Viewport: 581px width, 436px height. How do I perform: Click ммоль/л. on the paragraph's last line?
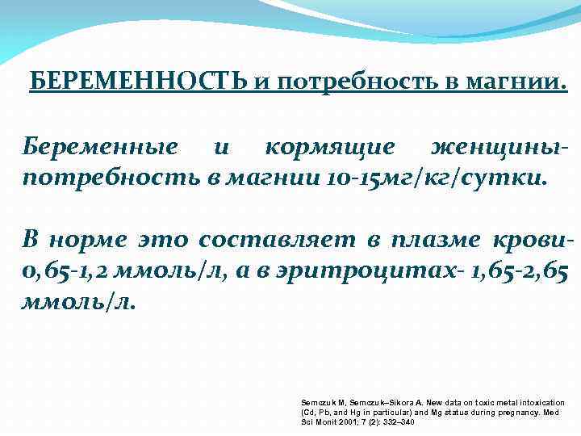pos(81,302)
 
